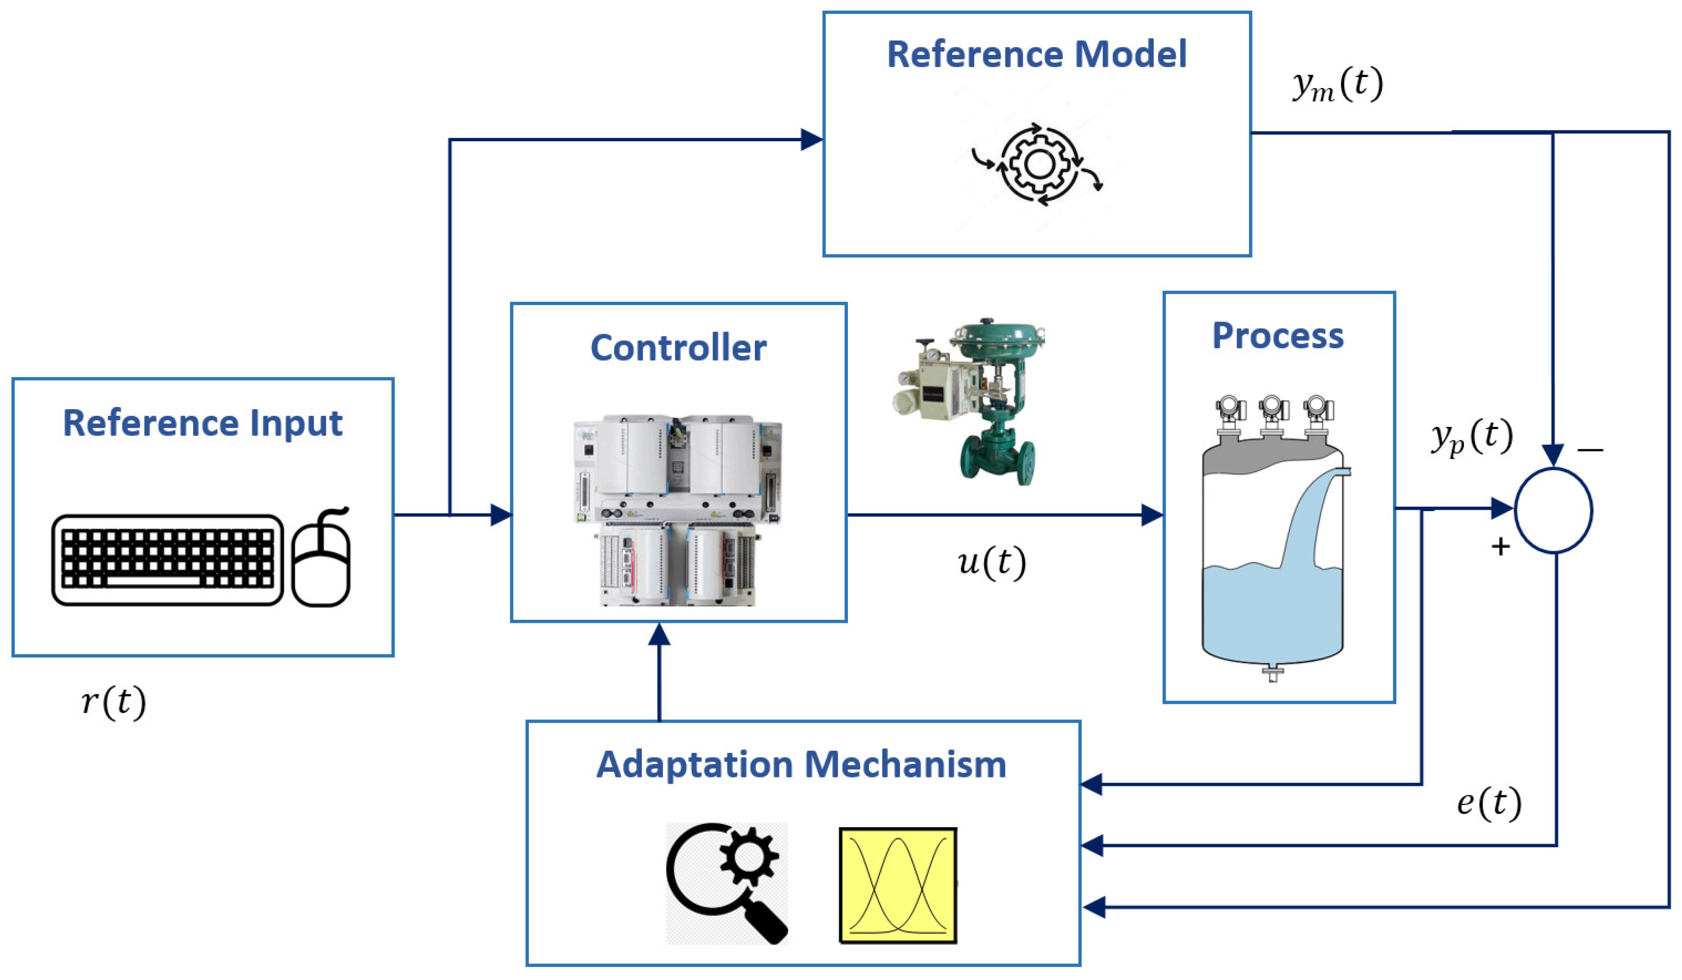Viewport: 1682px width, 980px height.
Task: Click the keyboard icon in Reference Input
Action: pos(167,559)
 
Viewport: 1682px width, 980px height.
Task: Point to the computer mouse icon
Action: pos(321,561)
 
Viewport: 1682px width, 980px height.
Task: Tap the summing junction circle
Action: pos(1553,511)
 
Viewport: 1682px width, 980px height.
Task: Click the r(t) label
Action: pos(113,702)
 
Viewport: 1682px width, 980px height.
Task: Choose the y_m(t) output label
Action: pos(1337,85)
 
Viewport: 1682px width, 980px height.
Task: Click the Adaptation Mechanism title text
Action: pos(801,764)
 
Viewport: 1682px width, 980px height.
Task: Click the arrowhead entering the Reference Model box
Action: pos(812,139)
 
